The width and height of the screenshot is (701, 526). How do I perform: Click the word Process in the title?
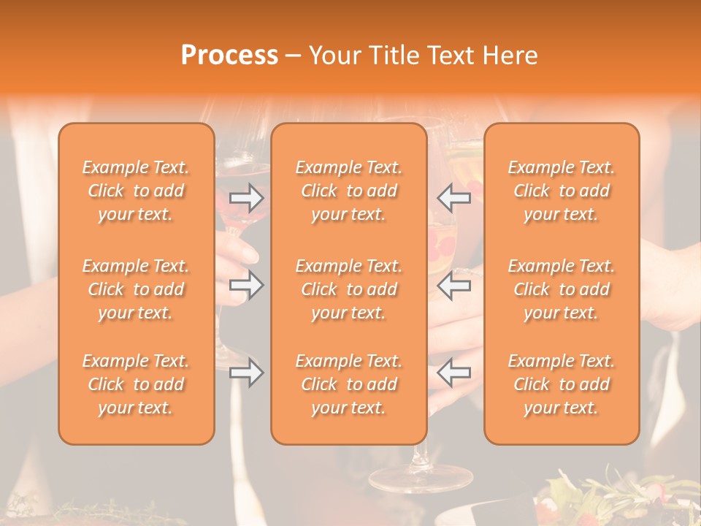(229, 56)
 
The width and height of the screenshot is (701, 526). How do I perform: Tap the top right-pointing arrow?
(247, 197)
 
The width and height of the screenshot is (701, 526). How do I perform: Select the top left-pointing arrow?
(453, 197)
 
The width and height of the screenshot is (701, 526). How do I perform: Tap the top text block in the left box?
(136, 191)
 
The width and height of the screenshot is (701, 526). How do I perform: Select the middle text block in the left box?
(136, 289)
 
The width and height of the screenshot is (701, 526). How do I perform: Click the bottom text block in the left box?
(136, 384)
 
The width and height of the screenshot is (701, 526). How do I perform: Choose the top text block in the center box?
(348, 191)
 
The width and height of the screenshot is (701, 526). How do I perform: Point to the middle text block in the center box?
(348, 289)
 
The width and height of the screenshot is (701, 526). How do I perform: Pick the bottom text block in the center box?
(348, 384)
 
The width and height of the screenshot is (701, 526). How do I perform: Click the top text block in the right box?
(562, 191)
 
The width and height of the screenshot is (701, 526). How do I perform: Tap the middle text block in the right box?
(562, 289)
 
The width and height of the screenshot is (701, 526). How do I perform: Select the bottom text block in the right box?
(562, 384)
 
